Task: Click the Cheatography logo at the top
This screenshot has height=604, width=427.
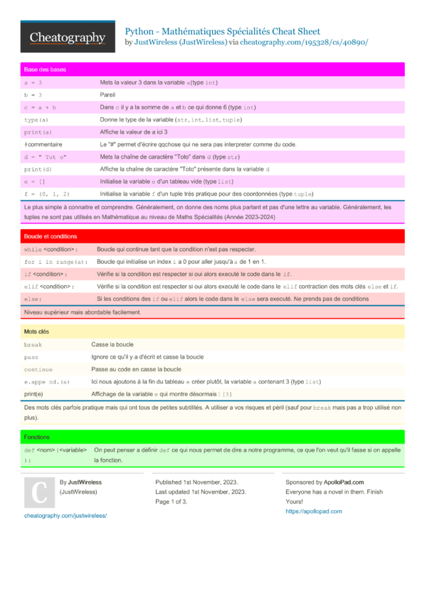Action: point(68,38)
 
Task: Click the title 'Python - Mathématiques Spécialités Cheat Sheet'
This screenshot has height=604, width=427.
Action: point(222,31)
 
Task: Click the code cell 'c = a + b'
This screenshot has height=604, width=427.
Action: point(41,107)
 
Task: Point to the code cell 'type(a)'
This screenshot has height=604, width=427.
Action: point(36,120)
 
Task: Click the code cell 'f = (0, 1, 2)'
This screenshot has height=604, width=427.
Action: point(48,194)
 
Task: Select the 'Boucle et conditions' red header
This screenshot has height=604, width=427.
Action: point(51,236)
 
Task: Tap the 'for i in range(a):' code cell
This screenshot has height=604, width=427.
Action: point(56,262)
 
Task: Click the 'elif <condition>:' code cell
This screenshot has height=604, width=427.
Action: point(49,286)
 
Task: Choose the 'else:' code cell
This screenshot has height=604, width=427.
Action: point(33,299)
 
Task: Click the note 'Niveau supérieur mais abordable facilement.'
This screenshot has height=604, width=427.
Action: point(83,312)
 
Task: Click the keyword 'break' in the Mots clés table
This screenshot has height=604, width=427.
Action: point(33,344)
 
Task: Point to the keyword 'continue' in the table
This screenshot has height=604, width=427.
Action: point(38,369)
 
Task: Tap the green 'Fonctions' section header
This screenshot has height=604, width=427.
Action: point(37,437)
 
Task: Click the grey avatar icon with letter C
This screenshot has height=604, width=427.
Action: point(39,492)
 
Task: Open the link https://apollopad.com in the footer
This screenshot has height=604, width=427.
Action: point(313,512)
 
